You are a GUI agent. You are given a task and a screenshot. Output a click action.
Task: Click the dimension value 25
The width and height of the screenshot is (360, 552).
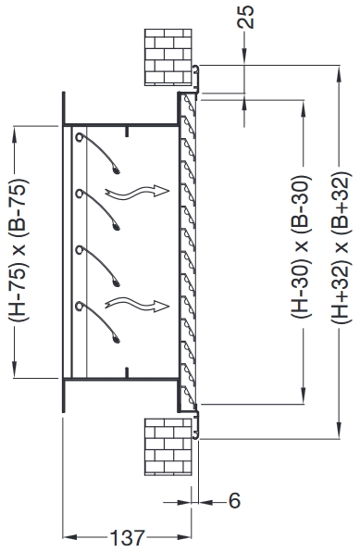click(x=243, y=18)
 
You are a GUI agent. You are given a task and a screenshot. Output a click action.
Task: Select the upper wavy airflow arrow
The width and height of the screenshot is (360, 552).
click(x=137, y=192)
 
